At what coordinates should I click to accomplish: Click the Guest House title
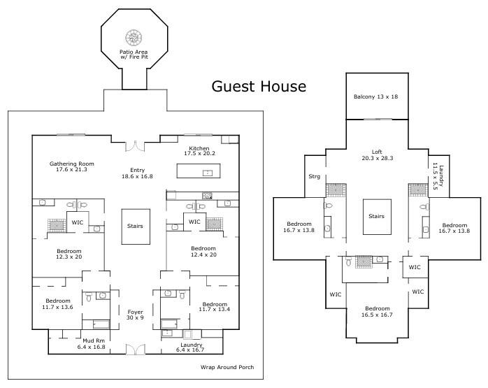coord(259,87)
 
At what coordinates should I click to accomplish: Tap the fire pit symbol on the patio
coord(133,37)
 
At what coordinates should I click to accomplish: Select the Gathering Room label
coord(71,166)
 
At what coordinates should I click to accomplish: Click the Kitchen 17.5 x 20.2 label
coord(199,150)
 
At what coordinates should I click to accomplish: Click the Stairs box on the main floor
coord(136,227)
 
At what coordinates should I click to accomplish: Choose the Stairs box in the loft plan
coord(376,217)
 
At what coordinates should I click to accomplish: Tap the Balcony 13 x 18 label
coord(376,96)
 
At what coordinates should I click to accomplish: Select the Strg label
coord(315,176)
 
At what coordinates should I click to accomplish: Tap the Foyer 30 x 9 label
coord(136,315)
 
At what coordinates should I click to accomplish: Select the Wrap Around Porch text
coord(227,367)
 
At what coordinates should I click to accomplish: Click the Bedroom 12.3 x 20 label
coord(69,253)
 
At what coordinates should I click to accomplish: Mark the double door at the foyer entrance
coord(136,349)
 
